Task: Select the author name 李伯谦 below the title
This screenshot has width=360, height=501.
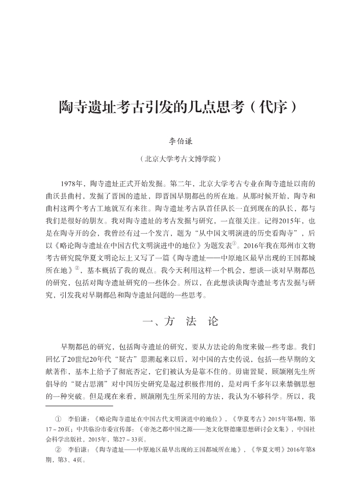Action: [179, 141]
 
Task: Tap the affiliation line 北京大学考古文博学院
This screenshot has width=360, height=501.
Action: [179, 159]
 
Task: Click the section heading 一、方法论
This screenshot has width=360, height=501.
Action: [179, 321]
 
